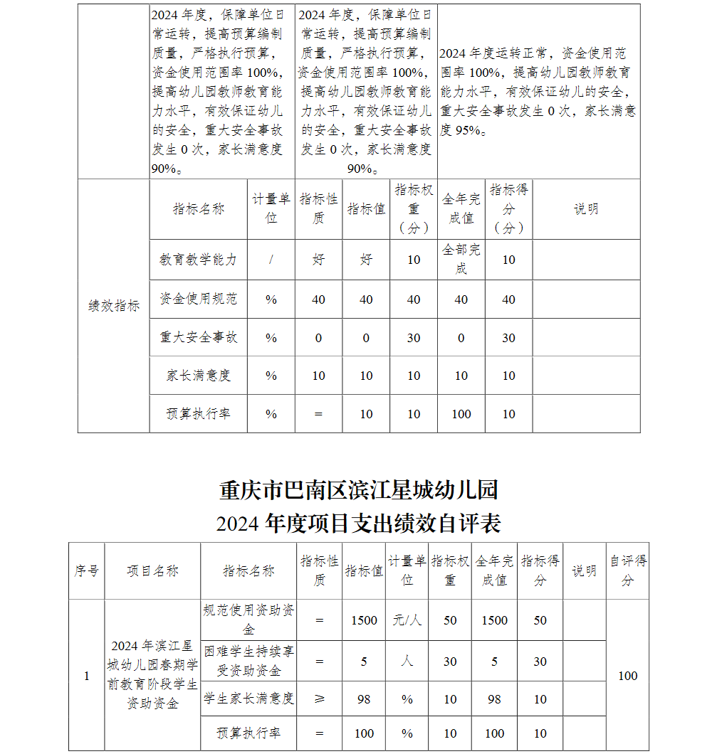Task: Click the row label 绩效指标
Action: pos(114,306)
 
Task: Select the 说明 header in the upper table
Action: pos(586,209)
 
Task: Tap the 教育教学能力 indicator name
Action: pos(198,260)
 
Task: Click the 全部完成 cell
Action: pos(461,259)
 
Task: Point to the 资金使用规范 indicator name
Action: pos(198,299)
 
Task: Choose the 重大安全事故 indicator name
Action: pos(198,337)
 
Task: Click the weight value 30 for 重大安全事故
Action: pos(414,338)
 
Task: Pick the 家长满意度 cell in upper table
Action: pos(198,376)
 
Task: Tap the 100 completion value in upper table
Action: pos(461,414)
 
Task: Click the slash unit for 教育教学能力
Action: pos(271,260)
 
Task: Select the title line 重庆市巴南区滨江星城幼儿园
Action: pos(359,490)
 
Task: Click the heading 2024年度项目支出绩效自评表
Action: pos(359,524)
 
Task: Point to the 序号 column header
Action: pos(87,571)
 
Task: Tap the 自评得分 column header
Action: pos(627,570)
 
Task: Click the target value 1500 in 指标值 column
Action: pos(364,620)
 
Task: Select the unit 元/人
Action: pos(407,620)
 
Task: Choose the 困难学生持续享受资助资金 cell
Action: pos(248,661)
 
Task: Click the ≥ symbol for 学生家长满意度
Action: pos(319,699)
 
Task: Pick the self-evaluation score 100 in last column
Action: pos(627,676)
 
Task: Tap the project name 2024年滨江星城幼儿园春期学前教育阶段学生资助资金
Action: pos(152,674)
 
